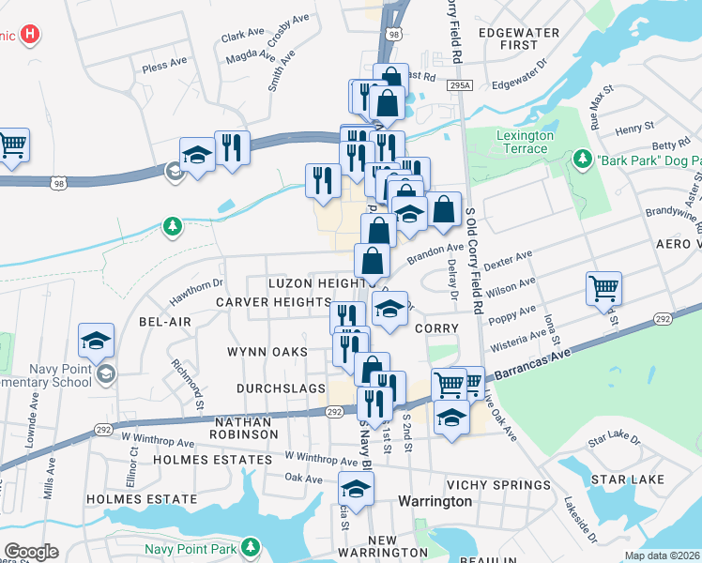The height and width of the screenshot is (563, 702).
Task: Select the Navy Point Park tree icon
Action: pyautogui.click(x=251, y=546)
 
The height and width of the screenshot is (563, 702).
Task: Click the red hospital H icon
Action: pyautogui.click(x=31, y=36)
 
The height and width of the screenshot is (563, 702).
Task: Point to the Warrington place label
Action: pyautogui.click(x=435, y=501)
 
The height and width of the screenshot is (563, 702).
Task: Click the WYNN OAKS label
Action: pyautogui.click(x=267, y=352)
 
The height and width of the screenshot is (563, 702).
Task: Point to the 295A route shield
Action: pyautogui.click(x=459, y=85)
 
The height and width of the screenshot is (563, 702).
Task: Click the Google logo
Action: pyautogui.click(x=32, y=551)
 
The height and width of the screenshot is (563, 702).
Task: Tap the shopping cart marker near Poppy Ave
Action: pyautogui.click(x=603, y=289)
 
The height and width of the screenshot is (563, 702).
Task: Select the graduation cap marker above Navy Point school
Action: pyautogui.click(x=96, y=342)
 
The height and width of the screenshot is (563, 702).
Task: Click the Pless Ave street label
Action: pyautogui.click(x=163, y=66)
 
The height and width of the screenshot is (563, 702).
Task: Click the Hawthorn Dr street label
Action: pyautogui.click(x=196, y=290)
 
